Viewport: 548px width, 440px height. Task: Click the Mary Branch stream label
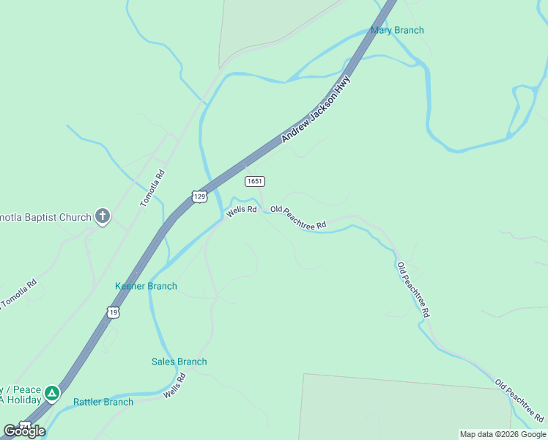(x=397, y=30)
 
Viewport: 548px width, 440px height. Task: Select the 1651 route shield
(x=255, y=181)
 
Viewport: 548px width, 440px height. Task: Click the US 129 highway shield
(x=199, y=196)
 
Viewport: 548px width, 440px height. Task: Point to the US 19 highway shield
(x=114, y=312)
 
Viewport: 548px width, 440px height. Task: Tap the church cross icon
(x=103, y=216)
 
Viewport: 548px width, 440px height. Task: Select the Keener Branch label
(x=146, y=286)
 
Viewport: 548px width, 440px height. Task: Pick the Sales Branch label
(x=179, y=362)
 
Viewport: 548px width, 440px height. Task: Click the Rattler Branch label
(x=103, y=402)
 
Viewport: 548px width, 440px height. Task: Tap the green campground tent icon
(x=51, y=394)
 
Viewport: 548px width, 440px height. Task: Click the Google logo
(x=23, y=431)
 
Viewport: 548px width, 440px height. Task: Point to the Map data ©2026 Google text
(x=503, y=434)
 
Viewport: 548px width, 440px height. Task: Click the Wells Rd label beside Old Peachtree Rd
(x=241, y=210)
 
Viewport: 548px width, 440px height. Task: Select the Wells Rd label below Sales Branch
(x=175, y=386)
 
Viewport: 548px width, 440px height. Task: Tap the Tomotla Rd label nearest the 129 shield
(x=152, y=188)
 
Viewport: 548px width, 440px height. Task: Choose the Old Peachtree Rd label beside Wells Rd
(x=297, y=219)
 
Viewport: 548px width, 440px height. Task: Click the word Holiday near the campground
(x=21, y=400)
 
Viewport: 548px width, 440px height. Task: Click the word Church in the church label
(x=75, y=217)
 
